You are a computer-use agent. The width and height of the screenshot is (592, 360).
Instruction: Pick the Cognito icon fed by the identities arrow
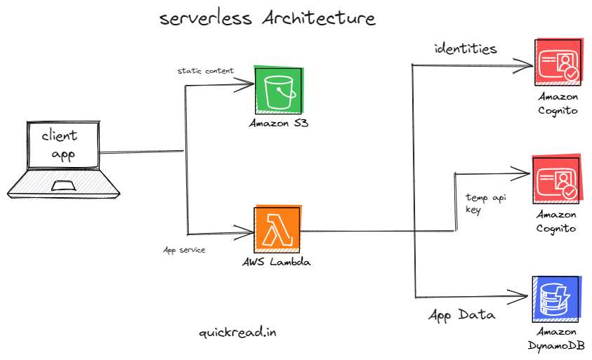pos(557,63)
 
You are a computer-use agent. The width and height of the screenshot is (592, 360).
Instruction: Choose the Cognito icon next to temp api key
pos(557,180)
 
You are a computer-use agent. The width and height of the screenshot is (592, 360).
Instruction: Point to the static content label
pos(205,71)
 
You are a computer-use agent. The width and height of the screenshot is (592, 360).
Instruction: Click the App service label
pos(184,250)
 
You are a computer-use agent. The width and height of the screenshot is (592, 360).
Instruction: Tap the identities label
pos(466,48)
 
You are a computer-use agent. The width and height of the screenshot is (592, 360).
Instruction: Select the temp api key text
pos(485,204)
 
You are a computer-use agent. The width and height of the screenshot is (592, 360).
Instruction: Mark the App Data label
pos(461,314)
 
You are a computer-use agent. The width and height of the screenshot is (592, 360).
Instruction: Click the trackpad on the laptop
pos(64,186)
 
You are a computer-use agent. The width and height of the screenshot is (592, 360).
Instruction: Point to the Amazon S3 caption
pos(279,124)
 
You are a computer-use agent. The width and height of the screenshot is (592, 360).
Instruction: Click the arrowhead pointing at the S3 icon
pos(249,86)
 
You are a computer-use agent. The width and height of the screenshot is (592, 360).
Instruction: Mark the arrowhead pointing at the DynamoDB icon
pos(523,295)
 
